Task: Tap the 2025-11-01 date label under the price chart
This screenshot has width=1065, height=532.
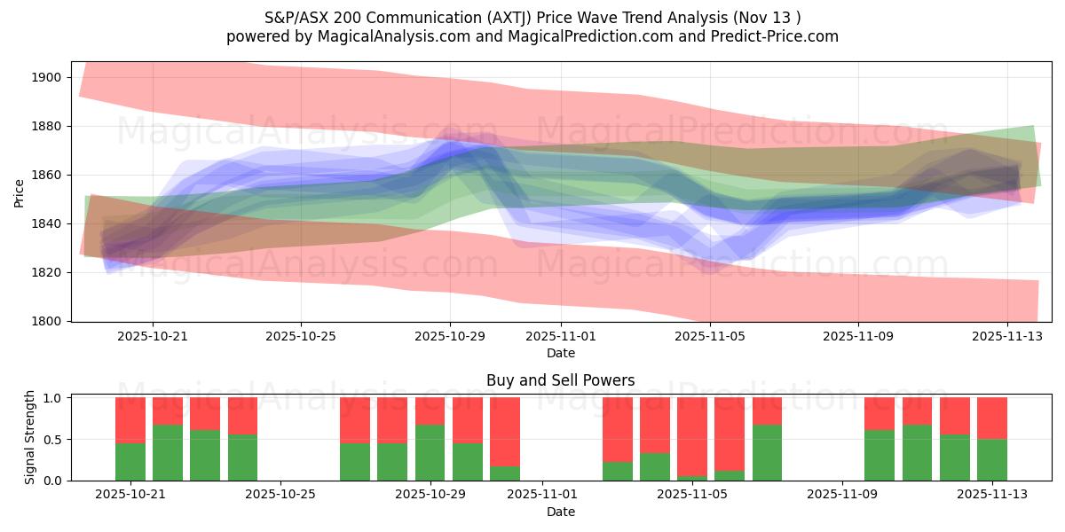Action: pyautogui.click(x=561, y=337)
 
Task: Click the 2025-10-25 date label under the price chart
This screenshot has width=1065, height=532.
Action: pyautogui.click(x=301, y=337)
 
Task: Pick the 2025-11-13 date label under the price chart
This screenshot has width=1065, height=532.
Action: pyautogui.click(x=1006, y=337)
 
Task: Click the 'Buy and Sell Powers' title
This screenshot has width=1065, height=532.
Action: pyautogui.click(x=560, y=381)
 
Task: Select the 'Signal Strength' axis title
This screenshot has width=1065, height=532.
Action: pyautogui.click(x=30, y=437)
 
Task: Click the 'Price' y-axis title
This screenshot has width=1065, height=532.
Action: pyautogui.click(x=20, y=192)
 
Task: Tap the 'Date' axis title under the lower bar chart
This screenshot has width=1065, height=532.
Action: pyautogui.click(x=560, y=512)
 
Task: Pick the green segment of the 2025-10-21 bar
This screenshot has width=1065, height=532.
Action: pyautogui.click(x=130, y=461)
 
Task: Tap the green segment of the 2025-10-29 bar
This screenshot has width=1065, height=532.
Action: pyautogui.click(x=430, y=452)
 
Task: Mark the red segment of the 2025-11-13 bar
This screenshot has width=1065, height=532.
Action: pyautogui.click(x=992, y=418)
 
